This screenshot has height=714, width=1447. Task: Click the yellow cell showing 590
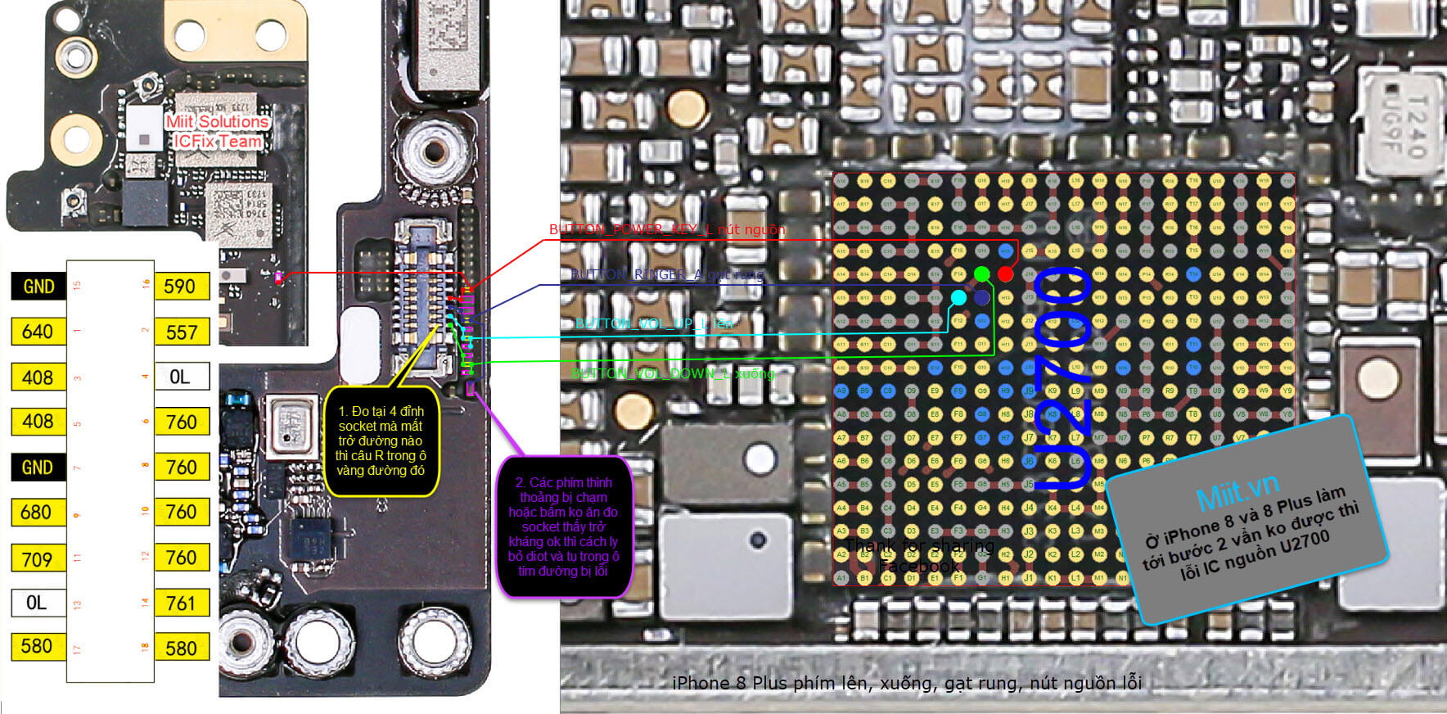click(x=180, y=287)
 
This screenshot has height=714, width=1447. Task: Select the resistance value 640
click(x=38, y=332)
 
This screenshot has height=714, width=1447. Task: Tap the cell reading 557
click(x=181, y=332)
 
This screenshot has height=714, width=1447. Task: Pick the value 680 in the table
click(x=37, y=513)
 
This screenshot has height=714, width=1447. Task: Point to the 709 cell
click(x=37, y=559)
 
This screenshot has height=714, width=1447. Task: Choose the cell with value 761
click(x=181, y=603)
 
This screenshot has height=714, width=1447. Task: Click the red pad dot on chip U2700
click(x=1005, y=273)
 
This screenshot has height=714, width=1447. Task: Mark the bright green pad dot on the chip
click(x=981, y=273)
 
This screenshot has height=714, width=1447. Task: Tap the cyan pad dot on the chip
click(x=958, y=297)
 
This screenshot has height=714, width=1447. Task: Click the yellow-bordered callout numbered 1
click(x=381, y=441)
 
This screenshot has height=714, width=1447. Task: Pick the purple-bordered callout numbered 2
click(x=563, y=526)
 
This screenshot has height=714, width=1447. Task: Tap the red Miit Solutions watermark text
click(x=217, y=122)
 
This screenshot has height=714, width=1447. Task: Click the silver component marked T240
click(x=1401, y=123)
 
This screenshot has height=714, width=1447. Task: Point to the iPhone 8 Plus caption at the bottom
click(x=906, y=683)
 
